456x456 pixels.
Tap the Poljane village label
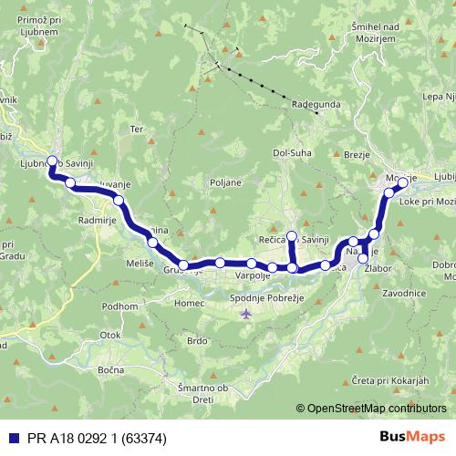(x=225, y=181)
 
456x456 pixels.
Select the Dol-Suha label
(x=293, y=153)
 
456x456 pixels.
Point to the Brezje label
(x=357, y=155)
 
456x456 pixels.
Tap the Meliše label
(x=140, y=263)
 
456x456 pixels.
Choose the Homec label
(x=190, y=303)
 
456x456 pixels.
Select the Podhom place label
(x=119, y=307)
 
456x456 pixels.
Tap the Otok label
(x=110, y=335)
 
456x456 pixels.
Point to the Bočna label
(x=110, y=368)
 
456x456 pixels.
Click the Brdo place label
(x=197, y=341)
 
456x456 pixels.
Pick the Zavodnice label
(x=404, y=293)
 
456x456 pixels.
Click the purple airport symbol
(x=245, y=315)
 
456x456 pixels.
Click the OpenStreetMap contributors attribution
(x=377, y=408)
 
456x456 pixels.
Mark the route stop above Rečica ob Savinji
(x=292, y=236)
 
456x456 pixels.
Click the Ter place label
(x=138, y=129)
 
